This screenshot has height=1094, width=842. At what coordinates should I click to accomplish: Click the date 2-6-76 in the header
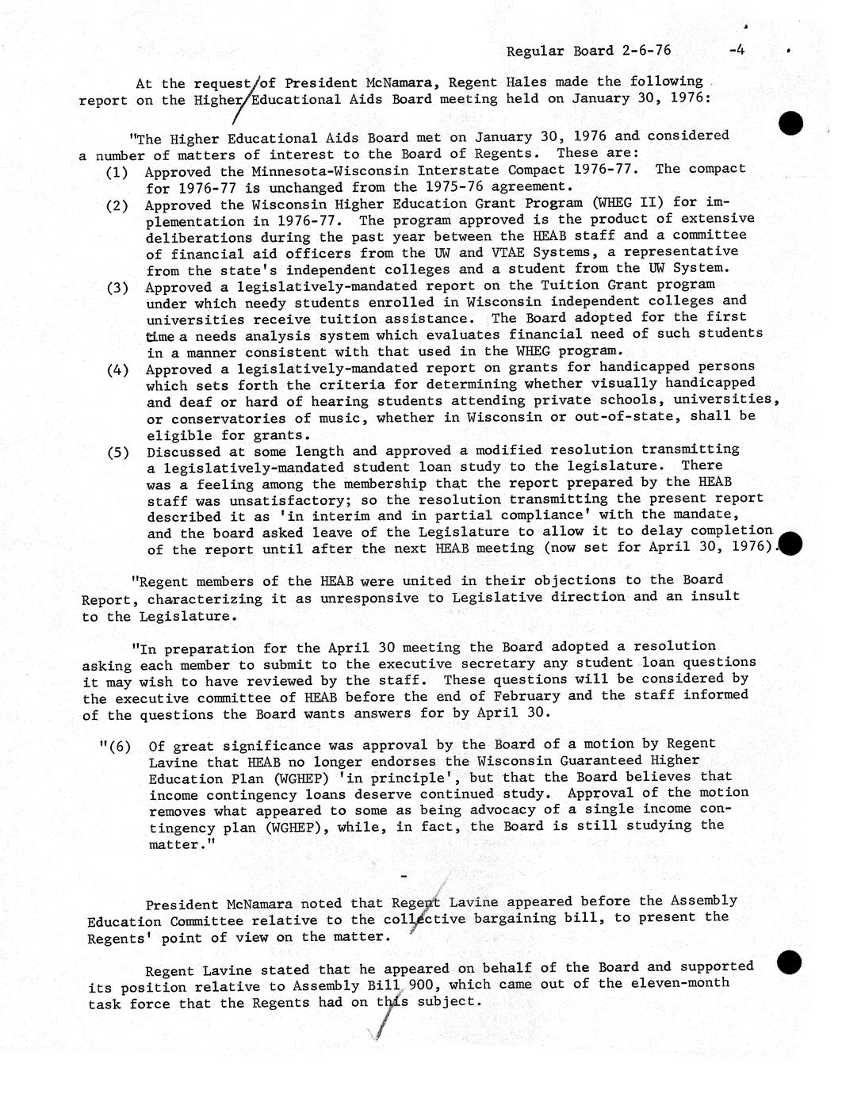(646, 50)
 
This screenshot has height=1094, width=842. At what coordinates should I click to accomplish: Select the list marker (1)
(118, 171)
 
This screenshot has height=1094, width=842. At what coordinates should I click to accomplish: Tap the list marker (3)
(118, 287)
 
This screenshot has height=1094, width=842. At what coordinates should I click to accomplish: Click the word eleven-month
(679, 984)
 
